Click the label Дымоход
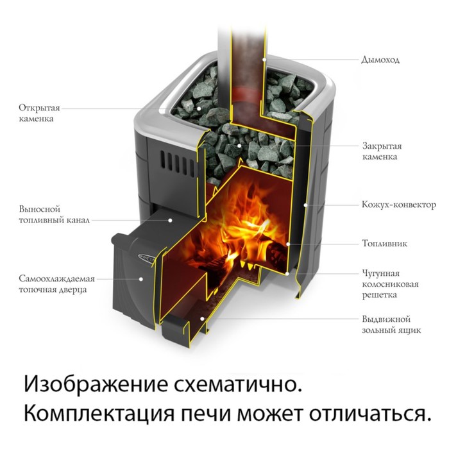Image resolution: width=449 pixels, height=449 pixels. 380,60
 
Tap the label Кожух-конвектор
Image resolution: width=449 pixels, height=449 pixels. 399,205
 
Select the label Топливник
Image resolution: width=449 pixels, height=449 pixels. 385,243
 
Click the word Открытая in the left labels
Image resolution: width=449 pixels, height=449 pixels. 40,108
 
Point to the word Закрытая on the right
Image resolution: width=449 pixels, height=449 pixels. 382,146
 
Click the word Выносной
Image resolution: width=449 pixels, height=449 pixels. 40,208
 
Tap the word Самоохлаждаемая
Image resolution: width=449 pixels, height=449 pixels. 56,278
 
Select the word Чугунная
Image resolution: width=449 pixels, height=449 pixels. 380,273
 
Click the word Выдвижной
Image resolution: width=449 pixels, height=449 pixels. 386,319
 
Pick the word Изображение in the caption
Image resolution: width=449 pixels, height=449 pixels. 96,385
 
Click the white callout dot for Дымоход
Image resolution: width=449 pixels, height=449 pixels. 264,60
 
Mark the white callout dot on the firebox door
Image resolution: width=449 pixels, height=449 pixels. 141,278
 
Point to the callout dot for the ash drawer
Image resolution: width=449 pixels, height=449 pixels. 202,318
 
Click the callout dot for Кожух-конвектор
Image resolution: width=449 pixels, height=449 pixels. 305,205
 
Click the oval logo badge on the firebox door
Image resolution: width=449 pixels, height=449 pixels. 146,257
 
